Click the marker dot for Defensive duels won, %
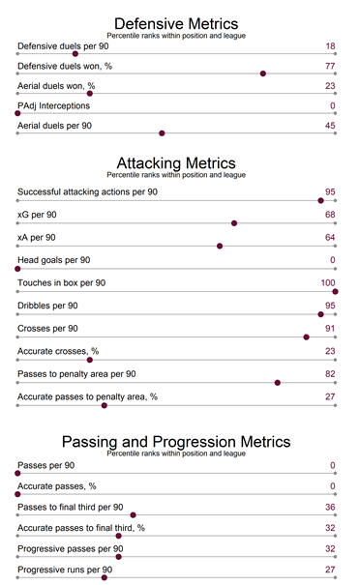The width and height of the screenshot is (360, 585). (x=262, y=73)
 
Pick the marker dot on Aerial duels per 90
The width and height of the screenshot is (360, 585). (x=162, y=133)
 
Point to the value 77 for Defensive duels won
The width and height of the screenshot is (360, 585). (x=330, y=66)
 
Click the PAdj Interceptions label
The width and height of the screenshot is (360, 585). (x=53, y=105)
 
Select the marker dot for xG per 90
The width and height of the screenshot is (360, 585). (x=234, y=222)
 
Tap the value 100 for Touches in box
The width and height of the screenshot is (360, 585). (x=327, y=282)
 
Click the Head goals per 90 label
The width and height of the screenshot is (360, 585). (x=53, y=260)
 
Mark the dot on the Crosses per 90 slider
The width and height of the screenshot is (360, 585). (x=307, y=337)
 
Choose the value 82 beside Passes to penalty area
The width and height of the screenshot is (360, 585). (x=330, y=373)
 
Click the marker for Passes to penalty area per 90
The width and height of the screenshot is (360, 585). (x=278, y=382)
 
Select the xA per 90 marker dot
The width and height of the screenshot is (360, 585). (x=221, y=246)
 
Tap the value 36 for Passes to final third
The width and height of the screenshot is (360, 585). (x=330, y=507)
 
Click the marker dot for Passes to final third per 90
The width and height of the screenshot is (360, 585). (x=133, y=515)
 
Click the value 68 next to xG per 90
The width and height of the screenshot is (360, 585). (x=330, y=214)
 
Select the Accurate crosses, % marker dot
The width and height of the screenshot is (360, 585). (x=90, y=360)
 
